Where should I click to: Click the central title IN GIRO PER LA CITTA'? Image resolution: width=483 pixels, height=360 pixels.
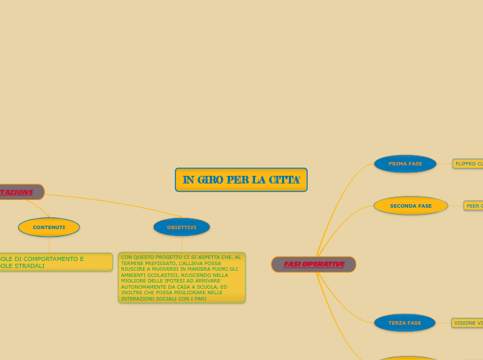click(241, 180)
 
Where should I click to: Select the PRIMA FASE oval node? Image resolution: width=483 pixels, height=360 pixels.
click(405, 164)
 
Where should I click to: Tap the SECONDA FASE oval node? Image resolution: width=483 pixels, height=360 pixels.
click(411, 206)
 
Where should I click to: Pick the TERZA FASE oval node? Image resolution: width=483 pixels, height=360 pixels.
click(405, 323)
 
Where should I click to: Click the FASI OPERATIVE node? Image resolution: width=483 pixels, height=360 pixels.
click(314, 264)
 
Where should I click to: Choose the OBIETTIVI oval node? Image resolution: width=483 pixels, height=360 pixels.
click(182, 227)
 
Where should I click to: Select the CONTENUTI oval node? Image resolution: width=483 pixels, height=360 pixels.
click(49, 227)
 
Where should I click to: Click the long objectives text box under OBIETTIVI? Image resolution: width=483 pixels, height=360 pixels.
click(182, 278)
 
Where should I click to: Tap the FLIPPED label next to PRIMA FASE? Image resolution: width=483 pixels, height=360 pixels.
click(468, 164)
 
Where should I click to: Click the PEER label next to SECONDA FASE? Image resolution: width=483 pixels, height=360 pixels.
click(474, 206)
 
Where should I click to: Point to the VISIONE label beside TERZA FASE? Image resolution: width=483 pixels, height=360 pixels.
click(468, 323)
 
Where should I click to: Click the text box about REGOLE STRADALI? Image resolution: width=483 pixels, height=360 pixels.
click(55, 262)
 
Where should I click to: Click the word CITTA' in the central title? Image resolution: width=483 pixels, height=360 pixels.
click(284, 180)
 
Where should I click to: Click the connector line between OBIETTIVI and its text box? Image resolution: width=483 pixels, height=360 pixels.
click(182, 244)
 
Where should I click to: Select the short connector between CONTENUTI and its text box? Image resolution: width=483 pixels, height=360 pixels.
click(49, 245)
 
